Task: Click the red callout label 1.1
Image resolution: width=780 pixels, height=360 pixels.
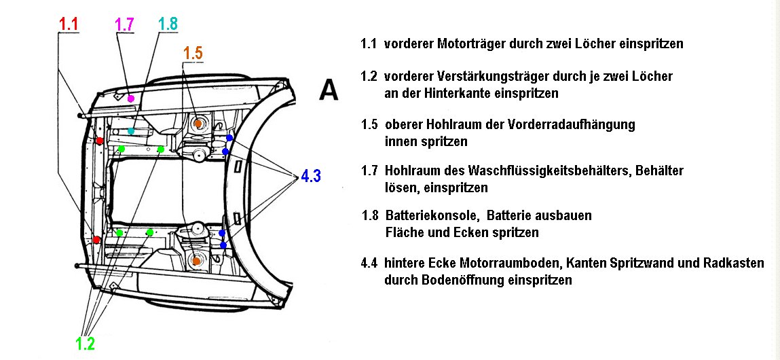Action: pos(69,24)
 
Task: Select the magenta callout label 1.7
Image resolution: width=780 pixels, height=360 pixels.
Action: pos(124,24)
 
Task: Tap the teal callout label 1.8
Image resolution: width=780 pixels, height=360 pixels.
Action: pos(168,24)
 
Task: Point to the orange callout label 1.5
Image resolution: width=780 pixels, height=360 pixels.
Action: pos(193,54)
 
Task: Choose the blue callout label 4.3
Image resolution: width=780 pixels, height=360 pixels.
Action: pos(310,177)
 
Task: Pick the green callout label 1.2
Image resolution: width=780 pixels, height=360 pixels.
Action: pos(85,344)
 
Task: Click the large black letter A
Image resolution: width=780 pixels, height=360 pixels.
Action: pos(329,90)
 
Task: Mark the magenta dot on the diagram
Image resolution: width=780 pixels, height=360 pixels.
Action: pos(131,98)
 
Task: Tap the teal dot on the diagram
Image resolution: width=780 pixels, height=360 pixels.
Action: pos(131,130)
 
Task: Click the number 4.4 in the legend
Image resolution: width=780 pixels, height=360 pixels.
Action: pos(370,262)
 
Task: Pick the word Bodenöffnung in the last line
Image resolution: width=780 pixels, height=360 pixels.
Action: pos(466,280)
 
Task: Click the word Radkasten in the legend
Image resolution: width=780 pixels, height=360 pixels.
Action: pos(736,262)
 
